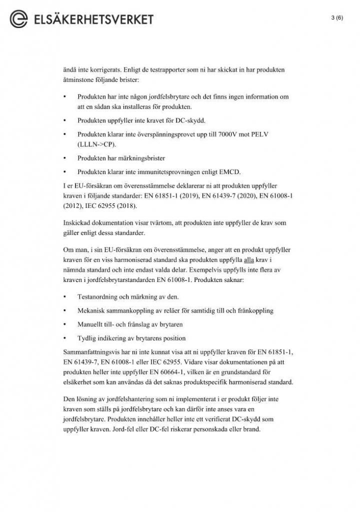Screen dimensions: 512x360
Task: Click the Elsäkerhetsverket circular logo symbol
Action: pos(19,19)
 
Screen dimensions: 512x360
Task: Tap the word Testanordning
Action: pos(98,296)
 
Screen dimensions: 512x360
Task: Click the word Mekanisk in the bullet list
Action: pos(91,310)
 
